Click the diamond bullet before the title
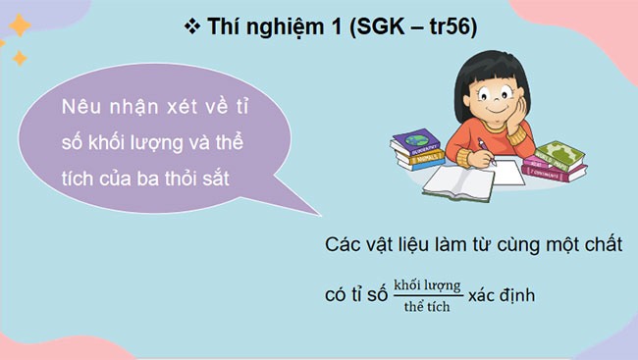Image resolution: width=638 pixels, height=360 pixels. click(191, 27)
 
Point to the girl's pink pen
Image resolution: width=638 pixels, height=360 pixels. click(484, 146)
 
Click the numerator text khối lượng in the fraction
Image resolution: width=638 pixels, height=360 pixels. click(426, 285)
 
